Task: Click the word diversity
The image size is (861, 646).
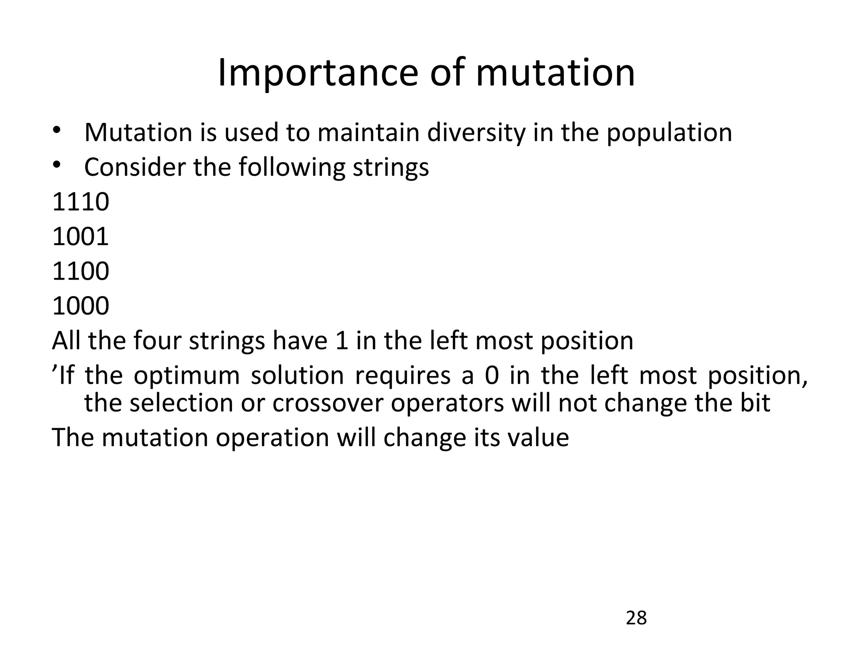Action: click(x=476, y=132)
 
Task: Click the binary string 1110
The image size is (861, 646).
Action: click(x=80, y=202)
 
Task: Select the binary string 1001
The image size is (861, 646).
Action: click(x=80, y=236)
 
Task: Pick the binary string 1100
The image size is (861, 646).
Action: click(x=80, y=271)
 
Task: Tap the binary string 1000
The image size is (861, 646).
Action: click(x=80, y=306)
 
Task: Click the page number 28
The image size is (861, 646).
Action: click(x=636, y=618)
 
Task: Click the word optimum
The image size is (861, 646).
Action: click(x=186, y=376)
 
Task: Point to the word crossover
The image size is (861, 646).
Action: click(x=328, y=403)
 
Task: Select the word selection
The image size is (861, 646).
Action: click(x=181, y=403)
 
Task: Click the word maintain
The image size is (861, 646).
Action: click(x=368, y=132)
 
